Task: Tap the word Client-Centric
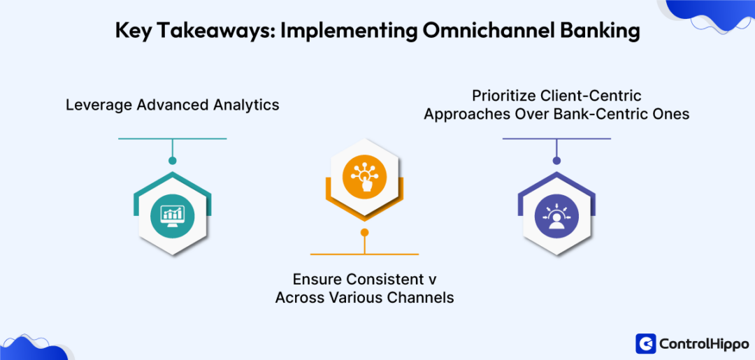coord(596,95)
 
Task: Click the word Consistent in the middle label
coord(380,279)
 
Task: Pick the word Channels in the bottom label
coord(422,298)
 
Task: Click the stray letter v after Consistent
coord(432,280)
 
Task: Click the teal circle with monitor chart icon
coord(172,214)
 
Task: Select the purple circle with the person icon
coord(556,214)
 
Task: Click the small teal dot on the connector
coord(173,161)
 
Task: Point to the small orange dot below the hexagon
coord(364,232)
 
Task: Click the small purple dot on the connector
coord(556,161)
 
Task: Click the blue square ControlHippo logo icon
coord(645,343)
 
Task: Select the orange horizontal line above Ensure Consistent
coord(364,254)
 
